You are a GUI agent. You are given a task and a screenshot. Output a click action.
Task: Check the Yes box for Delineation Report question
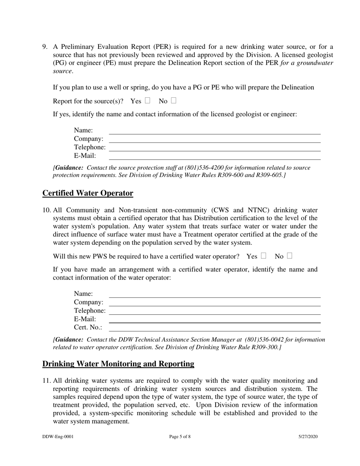tap(147, 101)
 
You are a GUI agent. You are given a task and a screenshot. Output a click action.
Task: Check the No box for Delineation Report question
tap(174, 101)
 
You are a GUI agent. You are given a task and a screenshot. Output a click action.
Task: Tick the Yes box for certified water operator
tap(263, 256)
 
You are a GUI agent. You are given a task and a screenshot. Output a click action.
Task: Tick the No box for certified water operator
tap(290, 256)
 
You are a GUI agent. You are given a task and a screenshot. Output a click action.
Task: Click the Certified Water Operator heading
tap(88, 193)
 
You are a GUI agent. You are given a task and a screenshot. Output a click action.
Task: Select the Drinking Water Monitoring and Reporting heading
tap(118, 364)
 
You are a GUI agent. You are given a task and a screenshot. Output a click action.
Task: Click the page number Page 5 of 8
tap(180, 436)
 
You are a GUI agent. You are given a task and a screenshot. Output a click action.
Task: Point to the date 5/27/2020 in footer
tap(308, 436)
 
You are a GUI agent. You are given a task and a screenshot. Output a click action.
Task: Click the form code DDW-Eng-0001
tap(58, 436)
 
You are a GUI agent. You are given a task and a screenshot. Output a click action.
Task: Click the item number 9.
tap(45, 47)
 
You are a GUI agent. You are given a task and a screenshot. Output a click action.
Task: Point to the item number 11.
tap(46, 380)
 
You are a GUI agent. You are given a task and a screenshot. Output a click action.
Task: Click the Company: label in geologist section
tap(89, 139)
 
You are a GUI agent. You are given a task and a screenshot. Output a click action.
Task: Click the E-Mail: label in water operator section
tap(85, 319)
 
